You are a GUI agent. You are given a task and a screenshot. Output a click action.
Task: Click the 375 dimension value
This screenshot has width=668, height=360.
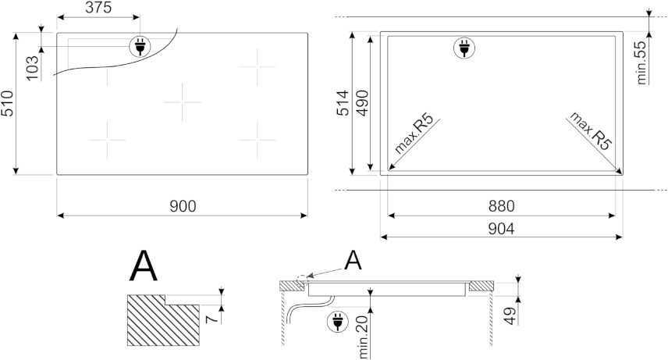(98, 7)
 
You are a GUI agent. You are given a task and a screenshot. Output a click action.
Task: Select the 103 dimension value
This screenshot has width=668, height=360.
(32, 68)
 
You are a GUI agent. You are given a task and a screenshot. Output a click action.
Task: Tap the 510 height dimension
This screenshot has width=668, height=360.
(7, 103)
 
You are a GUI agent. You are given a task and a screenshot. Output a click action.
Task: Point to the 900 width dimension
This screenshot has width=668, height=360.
(183, 206)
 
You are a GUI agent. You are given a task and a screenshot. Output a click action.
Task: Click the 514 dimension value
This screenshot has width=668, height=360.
(343, 103)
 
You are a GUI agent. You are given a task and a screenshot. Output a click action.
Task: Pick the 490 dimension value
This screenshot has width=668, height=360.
(362, 103)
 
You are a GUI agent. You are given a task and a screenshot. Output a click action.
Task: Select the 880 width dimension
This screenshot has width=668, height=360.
(502, 206)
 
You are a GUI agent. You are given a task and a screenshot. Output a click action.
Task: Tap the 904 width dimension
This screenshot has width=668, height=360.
(502, 229)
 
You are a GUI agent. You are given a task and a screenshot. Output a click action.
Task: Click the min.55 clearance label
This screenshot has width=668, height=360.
(641, 62)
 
